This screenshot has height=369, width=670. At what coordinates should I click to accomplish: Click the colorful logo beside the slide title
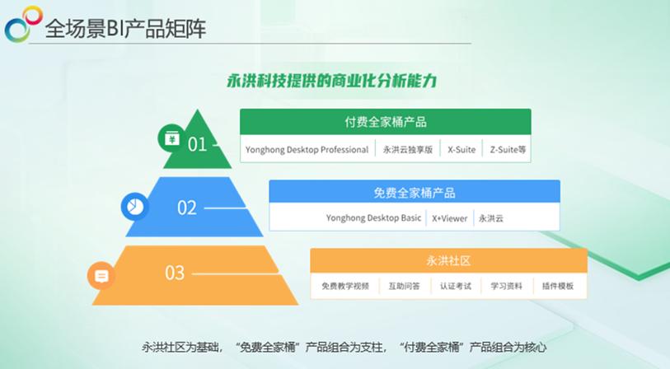22,24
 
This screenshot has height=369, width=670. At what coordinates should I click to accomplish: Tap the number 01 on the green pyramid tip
197,144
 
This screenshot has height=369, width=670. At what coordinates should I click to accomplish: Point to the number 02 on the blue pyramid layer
187,208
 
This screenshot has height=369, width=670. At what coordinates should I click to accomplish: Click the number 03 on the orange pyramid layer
175,273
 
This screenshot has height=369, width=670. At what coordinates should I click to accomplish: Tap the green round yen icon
171,138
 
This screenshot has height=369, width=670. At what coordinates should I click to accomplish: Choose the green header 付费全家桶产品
386,122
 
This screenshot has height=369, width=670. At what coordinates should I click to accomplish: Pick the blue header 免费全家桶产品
414,193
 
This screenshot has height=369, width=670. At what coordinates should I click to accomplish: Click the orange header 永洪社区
448,261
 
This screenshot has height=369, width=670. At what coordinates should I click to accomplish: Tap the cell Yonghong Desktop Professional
307,150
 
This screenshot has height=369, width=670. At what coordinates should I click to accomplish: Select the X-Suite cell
462,150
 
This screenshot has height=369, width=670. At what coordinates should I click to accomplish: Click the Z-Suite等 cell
508,150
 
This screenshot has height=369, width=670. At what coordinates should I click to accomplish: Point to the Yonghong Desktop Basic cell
373,219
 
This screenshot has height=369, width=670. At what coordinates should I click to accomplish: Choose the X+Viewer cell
449,219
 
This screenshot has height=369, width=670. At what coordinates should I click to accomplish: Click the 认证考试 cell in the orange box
455,287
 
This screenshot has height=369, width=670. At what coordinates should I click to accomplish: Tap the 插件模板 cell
558,287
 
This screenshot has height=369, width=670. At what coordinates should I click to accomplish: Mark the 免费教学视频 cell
345,287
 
